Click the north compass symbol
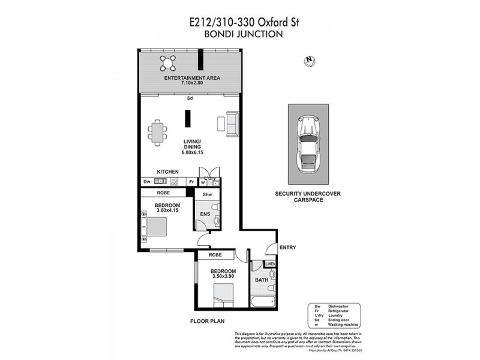coord(310,60)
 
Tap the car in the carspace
coord(308,144)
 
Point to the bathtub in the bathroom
coord(263,302)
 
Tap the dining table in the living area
coord(158,132)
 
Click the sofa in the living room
coord(232,123)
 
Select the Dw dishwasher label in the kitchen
coord(146,181)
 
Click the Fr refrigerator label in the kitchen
coord(191,181)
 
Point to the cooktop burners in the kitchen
coord(174,181)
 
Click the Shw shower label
coord(207,194)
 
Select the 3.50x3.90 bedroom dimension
coord(223,277)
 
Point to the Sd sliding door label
coord(190,98)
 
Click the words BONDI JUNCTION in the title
coord(243,35)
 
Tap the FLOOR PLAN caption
coord(207,322)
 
